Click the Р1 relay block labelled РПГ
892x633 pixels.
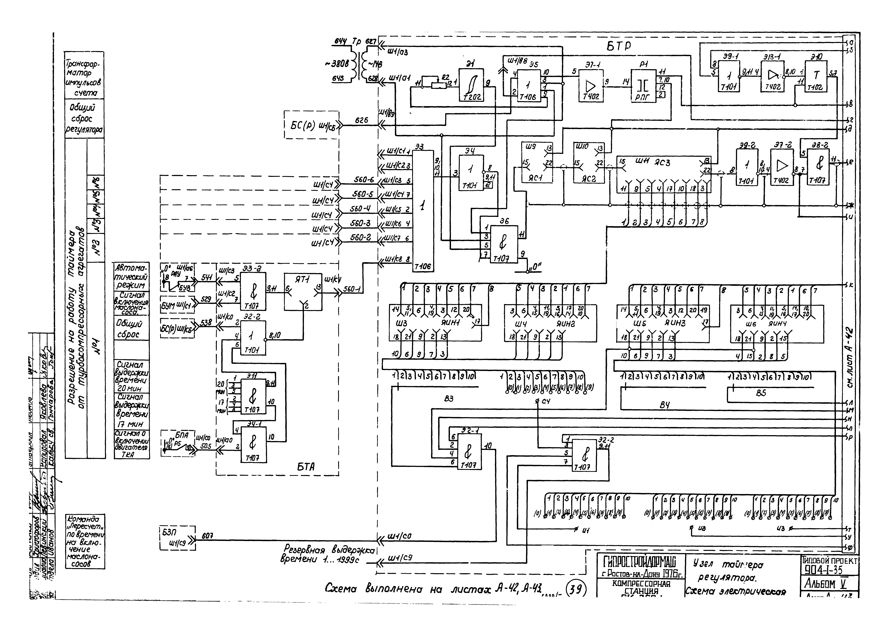[x=643, y=86]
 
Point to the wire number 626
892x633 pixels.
[x=361, y=121]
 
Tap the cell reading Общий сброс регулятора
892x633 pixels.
[x=84, y=119]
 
